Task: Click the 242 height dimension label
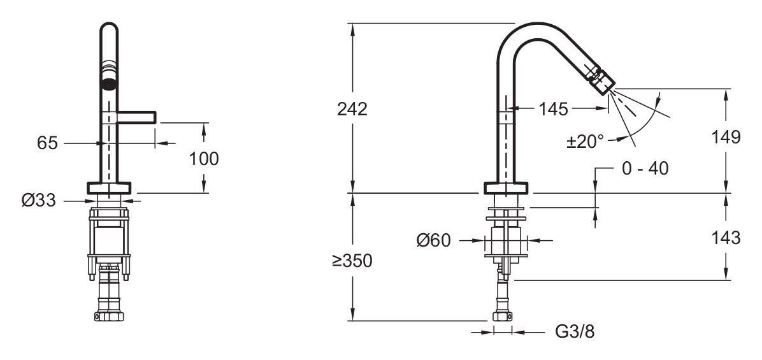click(352, 110)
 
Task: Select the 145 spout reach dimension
click(553, 110)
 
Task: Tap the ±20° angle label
click(586, 141)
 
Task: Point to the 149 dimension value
click(726, 137)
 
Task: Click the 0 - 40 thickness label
click(645, 169)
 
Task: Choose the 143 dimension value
click(726, 238)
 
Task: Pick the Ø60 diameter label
click(433, 240)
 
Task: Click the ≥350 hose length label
click(352, 261)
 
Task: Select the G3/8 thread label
click(575, 332)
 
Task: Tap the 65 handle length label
click(47, 143)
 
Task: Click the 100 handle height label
click(204, 159)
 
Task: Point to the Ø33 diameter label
click(39, 199)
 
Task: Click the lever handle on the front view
click(136, 117)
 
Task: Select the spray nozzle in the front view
click(110, 83)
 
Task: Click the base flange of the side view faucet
click(507, 187)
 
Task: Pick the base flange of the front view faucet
click(109, 187)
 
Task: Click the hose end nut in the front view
click(109, 316)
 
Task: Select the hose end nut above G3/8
click(503, 316)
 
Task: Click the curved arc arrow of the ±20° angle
click(644, 124)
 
